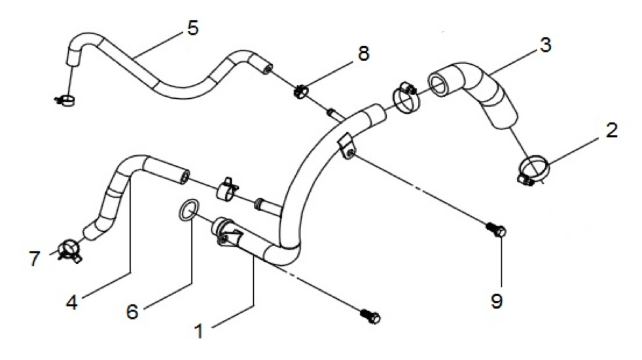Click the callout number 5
(x=192, y=28)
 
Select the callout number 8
(x=364, y=54)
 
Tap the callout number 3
(x=545, y=45)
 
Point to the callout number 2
(x=611, y=130)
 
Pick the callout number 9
(x=497, y=302)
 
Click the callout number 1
(x=199, y=331)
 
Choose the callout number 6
(x=132, y=312)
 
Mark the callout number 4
(x=72, y=302)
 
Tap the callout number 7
(x=35, y=259)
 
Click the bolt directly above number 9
(x=496, y=229)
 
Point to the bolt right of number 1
(x=370, y=315)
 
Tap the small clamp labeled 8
(x=301, y=91)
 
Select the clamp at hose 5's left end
(x=65, y=99)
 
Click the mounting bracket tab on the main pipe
(x=346, y=147)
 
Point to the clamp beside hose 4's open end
(x=227, y=189)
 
